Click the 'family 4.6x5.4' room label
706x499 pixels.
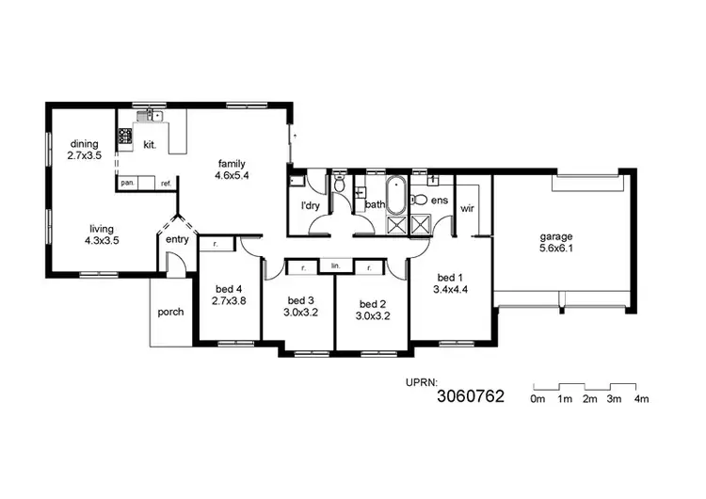(x=231, y=169)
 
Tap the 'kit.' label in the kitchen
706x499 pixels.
(x=149, y=145)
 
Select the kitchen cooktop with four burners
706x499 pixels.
(x=123, y=138)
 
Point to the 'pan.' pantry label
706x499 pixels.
(x=127, y=183)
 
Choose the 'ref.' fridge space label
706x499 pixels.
(x=166, y=183)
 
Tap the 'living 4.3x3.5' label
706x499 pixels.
(x=103, y=233)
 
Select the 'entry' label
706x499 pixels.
(x=177, y=239)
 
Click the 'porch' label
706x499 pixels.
(x=170, y=313)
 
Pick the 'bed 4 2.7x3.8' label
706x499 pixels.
(x=230, y=295)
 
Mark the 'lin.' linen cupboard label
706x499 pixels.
(x=334, y=267)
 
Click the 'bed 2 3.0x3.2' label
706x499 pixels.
(x=375, y=311)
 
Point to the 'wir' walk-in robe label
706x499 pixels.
(x=466, y=209)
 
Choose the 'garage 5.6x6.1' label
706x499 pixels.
(x=555, y=243)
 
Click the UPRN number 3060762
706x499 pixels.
(x=471, y=397)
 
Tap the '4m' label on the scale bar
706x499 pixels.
(x=642, y=400)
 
